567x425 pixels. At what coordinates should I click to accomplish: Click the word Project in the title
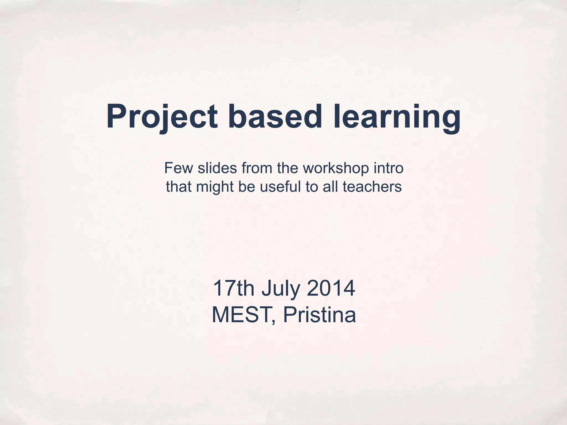point(162,116)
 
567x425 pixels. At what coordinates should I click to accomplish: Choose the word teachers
point(372,186)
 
